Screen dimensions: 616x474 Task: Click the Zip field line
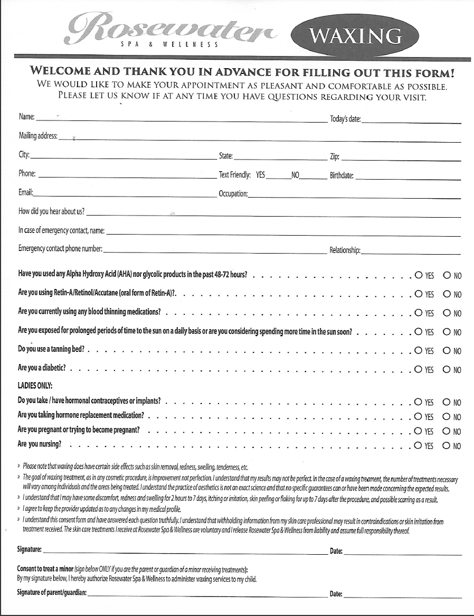(401, 158)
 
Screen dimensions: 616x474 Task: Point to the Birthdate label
(342, 175)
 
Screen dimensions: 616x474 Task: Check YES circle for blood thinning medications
(419, 313)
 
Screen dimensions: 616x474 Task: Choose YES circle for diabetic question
(419, 369)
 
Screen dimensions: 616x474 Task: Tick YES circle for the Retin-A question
(419, 294)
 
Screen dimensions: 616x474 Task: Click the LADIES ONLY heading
(35, 385)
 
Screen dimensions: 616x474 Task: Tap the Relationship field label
(345, 250)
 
